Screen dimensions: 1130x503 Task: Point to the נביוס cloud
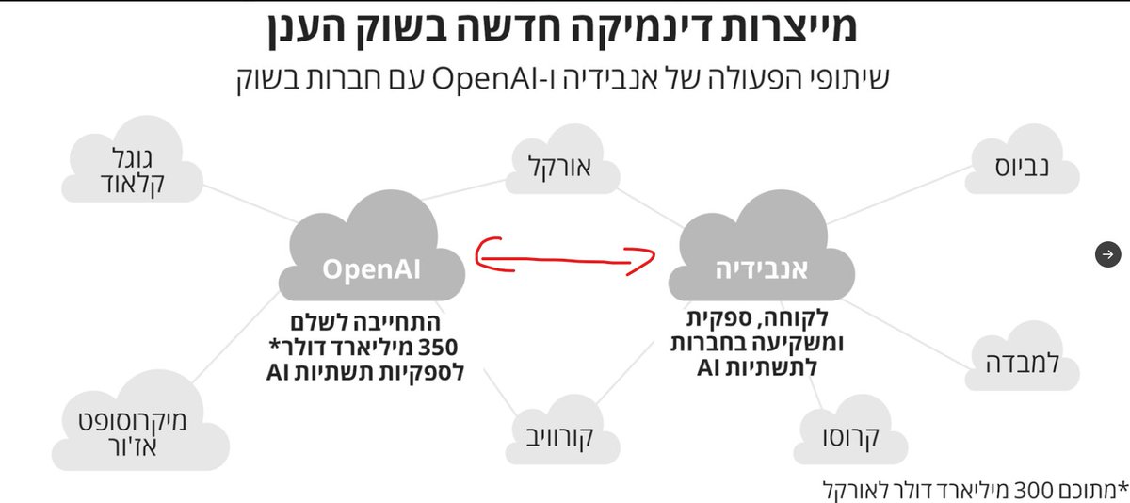pos(1023,169)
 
